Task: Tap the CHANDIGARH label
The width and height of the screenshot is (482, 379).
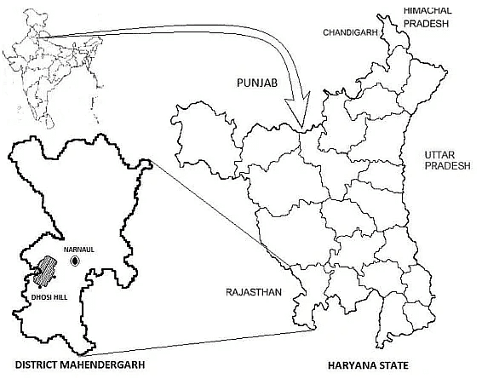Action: [350, 33]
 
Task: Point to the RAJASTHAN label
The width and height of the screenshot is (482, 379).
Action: [253, 292]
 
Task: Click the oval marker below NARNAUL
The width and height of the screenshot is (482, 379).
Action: [76, 259]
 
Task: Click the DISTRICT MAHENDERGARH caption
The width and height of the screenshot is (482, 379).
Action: [78, 366]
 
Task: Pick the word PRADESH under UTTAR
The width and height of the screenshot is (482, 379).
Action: [448, 167]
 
